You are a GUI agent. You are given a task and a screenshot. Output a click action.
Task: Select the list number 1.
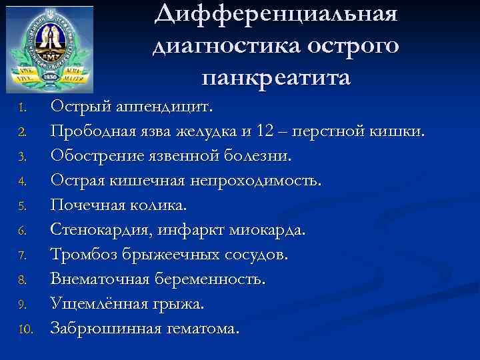coord(22,108)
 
